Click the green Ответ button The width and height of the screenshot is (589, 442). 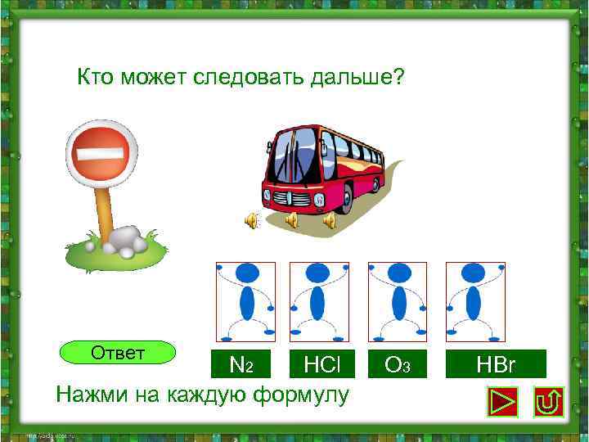tap(119, 353)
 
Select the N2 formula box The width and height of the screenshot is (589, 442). tap(245, 363)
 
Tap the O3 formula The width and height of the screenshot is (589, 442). tap(397, 363)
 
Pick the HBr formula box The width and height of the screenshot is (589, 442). tap(495, 363)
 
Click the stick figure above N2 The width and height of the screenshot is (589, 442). tap(245, 301)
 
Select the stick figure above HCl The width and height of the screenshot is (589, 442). tap(319, 301)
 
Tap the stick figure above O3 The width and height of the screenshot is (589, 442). tap(398, 301)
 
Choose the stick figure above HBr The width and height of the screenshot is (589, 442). tap(474, 301)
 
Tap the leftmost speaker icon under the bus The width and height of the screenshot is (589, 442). tap(252, 219)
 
